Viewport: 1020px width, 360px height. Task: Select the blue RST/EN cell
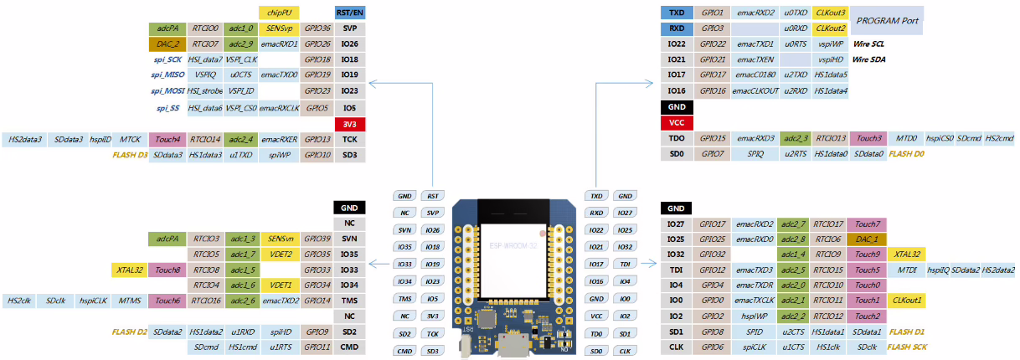(x=350, y=13)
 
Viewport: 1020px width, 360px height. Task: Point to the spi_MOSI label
(x=167, y=90)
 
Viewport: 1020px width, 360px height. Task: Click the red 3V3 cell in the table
(x=350, y=124)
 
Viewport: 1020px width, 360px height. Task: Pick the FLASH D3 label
(x=130, y=155)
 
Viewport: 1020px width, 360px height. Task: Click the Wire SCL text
(x=869, y=44)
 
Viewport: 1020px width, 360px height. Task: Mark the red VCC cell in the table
(x=677, y=122)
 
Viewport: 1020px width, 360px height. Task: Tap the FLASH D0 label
(x=907, y=154)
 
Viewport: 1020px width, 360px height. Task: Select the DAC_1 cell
(x=868, y=239)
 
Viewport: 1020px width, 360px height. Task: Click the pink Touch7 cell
(x=868, y=224)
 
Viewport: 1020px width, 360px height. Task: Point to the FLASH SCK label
(x=907, y=346)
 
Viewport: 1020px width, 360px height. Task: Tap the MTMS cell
(x=131, y=301)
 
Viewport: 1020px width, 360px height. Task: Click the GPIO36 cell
(x=317, y=28)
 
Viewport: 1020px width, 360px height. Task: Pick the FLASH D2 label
(x=130, y=332)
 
